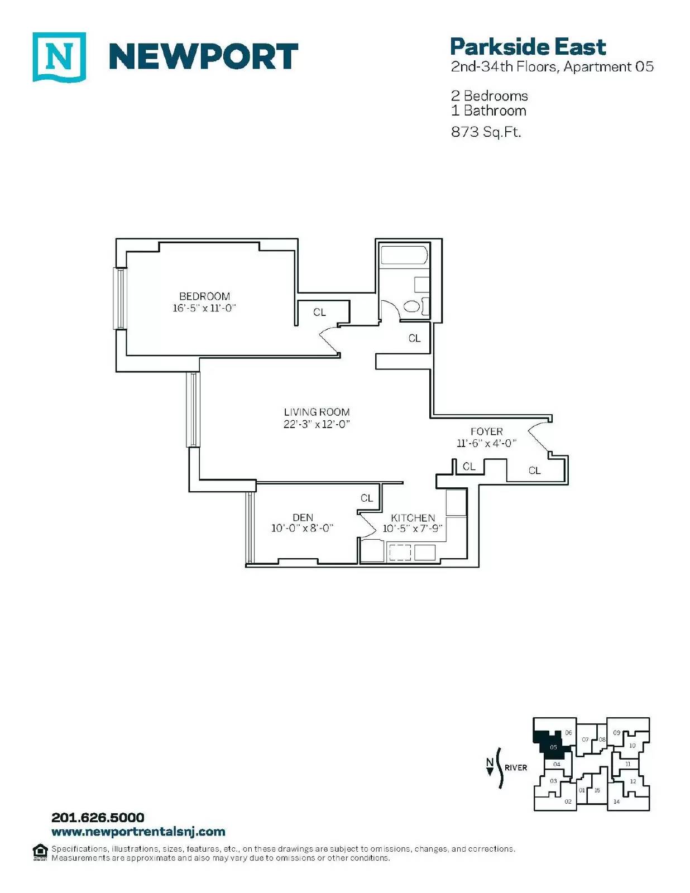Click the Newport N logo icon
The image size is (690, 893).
point(59,57)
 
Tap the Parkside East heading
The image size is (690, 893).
point(528,47)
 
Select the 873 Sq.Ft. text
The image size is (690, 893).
point(486,132)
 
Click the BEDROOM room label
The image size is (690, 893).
point(205,296)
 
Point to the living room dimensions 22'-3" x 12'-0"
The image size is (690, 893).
point(317,424)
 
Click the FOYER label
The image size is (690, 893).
point(487,431)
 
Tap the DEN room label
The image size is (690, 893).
point(303,517)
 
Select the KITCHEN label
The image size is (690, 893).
point(413,518)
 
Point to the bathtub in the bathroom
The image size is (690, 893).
point(404,255)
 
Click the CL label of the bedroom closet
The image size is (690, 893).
point(319,313)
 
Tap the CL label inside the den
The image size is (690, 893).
point(367,498)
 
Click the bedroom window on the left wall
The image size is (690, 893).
point(121,299)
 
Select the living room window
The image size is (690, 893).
point(193,409)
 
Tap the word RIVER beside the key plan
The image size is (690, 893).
point(516,767)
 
